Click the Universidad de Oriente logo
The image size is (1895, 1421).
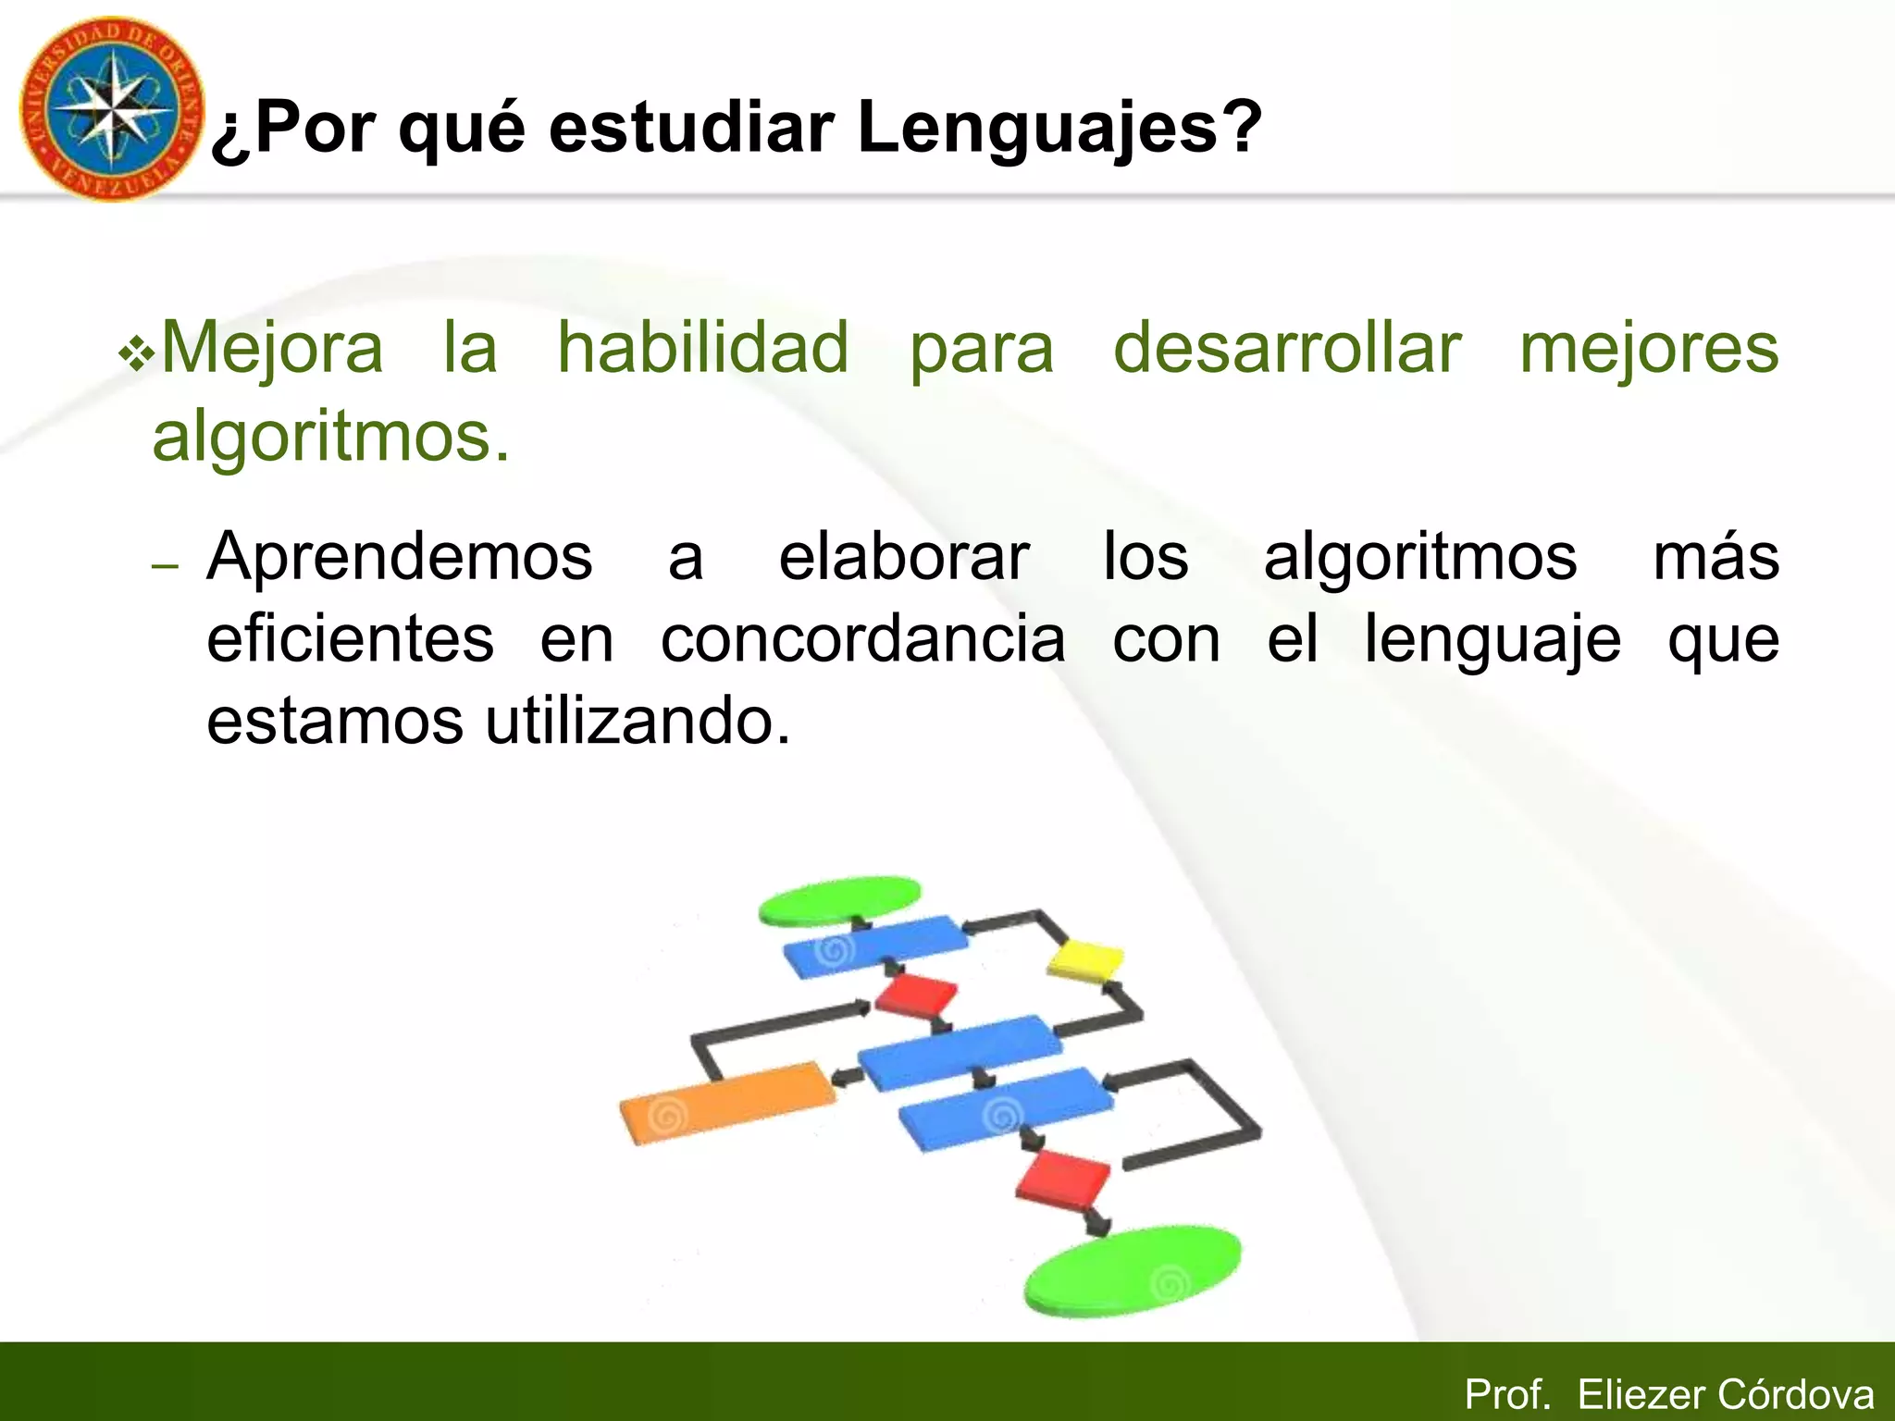111,109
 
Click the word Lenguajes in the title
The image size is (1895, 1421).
1059,128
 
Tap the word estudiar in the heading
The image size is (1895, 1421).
690,128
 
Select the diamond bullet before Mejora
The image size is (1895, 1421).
137,355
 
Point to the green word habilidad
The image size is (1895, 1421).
702,348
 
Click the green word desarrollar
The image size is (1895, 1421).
1286,348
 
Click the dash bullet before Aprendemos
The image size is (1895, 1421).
164,566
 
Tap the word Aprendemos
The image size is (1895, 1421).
399,558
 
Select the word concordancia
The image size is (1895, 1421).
862,639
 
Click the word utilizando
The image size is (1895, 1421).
638,722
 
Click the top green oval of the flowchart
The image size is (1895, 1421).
839,899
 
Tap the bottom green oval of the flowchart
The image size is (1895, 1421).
1132,1269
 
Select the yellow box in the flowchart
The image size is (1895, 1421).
1085,959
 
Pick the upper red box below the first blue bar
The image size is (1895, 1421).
916,995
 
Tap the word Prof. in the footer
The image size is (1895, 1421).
1506,1394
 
